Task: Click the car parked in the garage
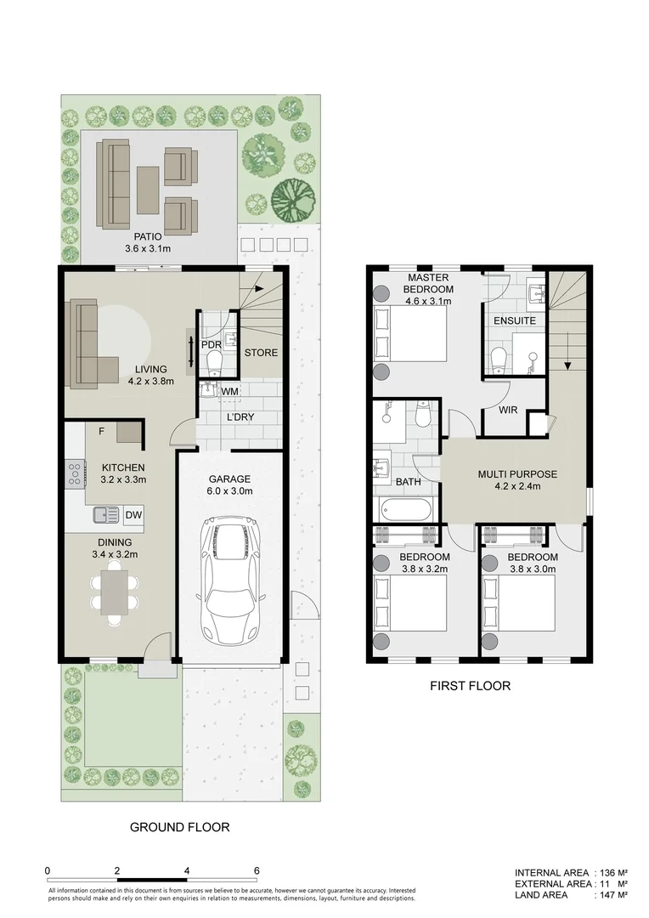(x=230, y=582)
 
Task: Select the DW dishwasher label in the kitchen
(x=133, y=514)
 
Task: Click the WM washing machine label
(x=229, y=391)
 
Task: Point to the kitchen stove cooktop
(x=73, y=473)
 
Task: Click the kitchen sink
(x=106, y=513)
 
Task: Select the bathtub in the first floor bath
(x=407, y=511)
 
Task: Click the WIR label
(x=508, y=410)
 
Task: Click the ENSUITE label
(x=515, y=321)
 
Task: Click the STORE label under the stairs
(x=260, y=352)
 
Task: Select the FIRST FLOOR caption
(x=470, y=686)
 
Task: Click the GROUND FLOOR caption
(x=179, y=826)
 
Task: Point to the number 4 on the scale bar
(x=187, y=870)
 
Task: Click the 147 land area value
(x=608, y=895)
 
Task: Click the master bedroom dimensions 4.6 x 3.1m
(x=427, y=301)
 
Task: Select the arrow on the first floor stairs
(x=567, y=364)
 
